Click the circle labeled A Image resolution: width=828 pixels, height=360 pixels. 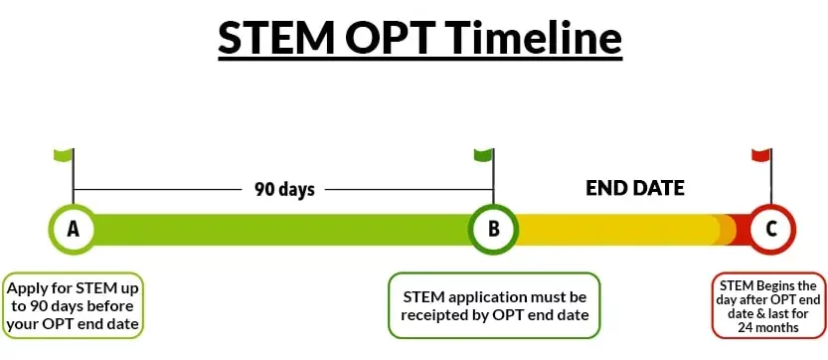click(73, 229)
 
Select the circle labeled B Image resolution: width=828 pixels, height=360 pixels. click(493, 229)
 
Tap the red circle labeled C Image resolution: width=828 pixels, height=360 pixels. click(771, 229)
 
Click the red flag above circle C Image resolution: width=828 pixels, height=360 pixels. click(761, 155)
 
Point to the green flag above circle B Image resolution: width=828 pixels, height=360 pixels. click(484, 155)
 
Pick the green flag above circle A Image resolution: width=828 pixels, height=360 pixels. click(64, 155)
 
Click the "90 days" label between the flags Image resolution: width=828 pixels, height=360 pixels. click(284, 189)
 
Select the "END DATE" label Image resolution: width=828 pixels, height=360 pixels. click(634, 188)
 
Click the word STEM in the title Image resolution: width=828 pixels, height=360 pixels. click(270, 40)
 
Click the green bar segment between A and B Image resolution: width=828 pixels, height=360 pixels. click(283, 229)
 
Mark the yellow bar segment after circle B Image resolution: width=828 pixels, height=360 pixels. click(616, 229)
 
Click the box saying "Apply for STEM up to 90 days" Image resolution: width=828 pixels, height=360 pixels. click(75, 306)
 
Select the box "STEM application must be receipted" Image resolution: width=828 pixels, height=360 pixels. click(494, 305)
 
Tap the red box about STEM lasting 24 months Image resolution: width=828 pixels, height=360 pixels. click(768, 305)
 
